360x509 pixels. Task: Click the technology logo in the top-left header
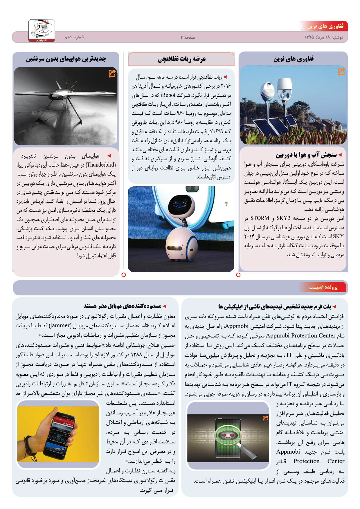tap(42, 30)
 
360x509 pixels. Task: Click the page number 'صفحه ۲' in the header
tap(188, 37)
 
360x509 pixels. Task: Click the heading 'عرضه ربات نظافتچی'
tap(181, 59)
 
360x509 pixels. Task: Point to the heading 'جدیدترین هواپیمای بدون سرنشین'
tap(66, 59)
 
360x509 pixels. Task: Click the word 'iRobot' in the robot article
tap(168, 95)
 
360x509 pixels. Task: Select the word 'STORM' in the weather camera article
tap(260, 218)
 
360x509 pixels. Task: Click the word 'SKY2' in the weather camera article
tap(283, 218)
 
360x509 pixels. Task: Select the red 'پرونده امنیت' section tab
tap(323, 287)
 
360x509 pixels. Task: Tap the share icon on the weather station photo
tap(341, 71)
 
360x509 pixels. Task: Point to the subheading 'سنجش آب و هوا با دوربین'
tap(306, 155)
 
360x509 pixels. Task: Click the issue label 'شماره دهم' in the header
tap(74, 37)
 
